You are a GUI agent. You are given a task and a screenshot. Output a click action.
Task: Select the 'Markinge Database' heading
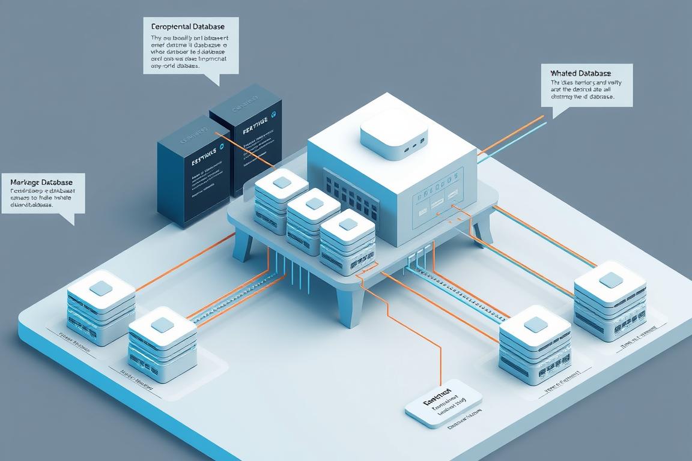41,182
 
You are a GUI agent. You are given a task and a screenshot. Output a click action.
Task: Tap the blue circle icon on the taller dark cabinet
274,113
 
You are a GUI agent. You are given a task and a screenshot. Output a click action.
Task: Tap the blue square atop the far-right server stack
610,280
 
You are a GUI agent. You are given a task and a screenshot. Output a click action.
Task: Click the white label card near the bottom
443,402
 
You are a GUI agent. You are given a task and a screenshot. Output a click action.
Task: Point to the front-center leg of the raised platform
348,306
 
